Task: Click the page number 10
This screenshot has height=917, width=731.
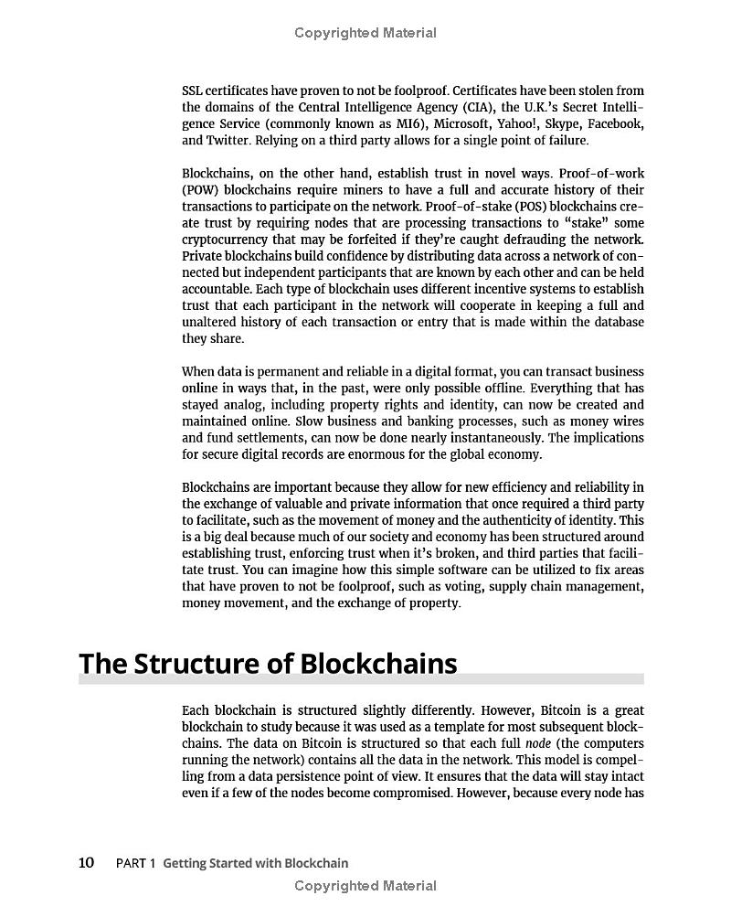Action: [86, 862]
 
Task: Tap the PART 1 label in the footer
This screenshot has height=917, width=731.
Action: [136, 863]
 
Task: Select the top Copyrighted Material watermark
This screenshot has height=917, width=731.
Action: [365, 33]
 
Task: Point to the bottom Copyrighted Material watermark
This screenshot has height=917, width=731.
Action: [365, 885]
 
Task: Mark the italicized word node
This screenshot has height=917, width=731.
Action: [538, 743]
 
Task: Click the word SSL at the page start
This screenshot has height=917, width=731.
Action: [193, 91]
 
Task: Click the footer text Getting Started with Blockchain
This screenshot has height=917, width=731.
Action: [256, 863]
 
